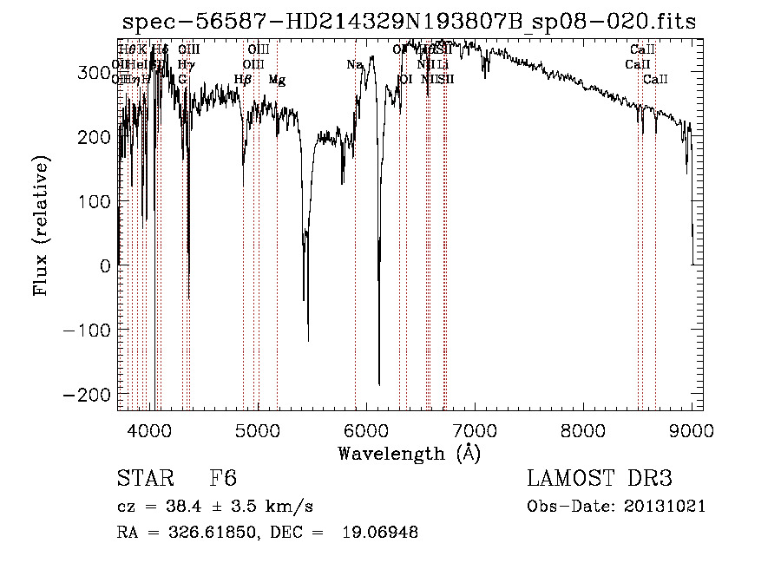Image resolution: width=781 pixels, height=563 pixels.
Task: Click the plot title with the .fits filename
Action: [409, 22]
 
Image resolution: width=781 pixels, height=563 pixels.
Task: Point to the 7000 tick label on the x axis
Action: [475, 429]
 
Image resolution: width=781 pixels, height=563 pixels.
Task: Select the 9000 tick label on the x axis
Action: [692, 429]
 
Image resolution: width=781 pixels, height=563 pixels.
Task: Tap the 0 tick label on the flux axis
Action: [106, 266]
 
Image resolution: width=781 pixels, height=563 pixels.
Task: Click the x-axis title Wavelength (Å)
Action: [409, 453]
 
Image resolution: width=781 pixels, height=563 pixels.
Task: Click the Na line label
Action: [354, 65]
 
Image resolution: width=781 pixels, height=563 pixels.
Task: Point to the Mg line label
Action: [277, 80]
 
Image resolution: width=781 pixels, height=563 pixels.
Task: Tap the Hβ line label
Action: [243, 80]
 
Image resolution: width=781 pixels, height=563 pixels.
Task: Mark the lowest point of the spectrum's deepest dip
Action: [379, 384]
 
